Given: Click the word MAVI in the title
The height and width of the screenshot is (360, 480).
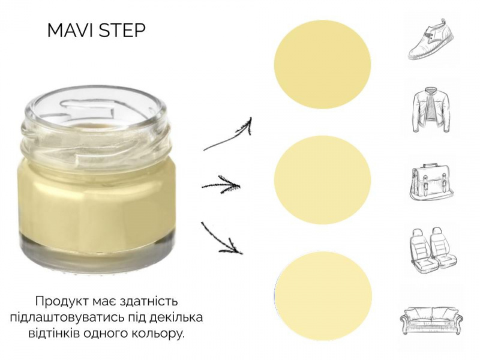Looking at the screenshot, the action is coord(71,30).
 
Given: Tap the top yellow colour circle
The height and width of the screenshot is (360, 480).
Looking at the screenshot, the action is coord(322,64).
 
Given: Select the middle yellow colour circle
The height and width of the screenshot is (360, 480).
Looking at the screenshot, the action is coord(322,179).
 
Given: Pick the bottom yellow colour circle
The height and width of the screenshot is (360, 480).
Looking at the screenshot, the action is coord(323,295).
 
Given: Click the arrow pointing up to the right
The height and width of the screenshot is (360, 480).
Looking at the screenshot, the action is coord(228,134).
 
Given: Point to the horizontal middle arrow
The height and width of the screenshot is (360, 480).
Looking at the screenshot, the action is coord(221,185).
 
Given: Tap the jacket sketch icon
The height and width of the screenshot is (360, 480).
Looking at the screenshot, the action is coord(431,110).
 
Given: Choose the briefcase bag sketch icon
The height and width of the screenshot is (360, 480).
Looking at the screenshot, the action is coord(431,182).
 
